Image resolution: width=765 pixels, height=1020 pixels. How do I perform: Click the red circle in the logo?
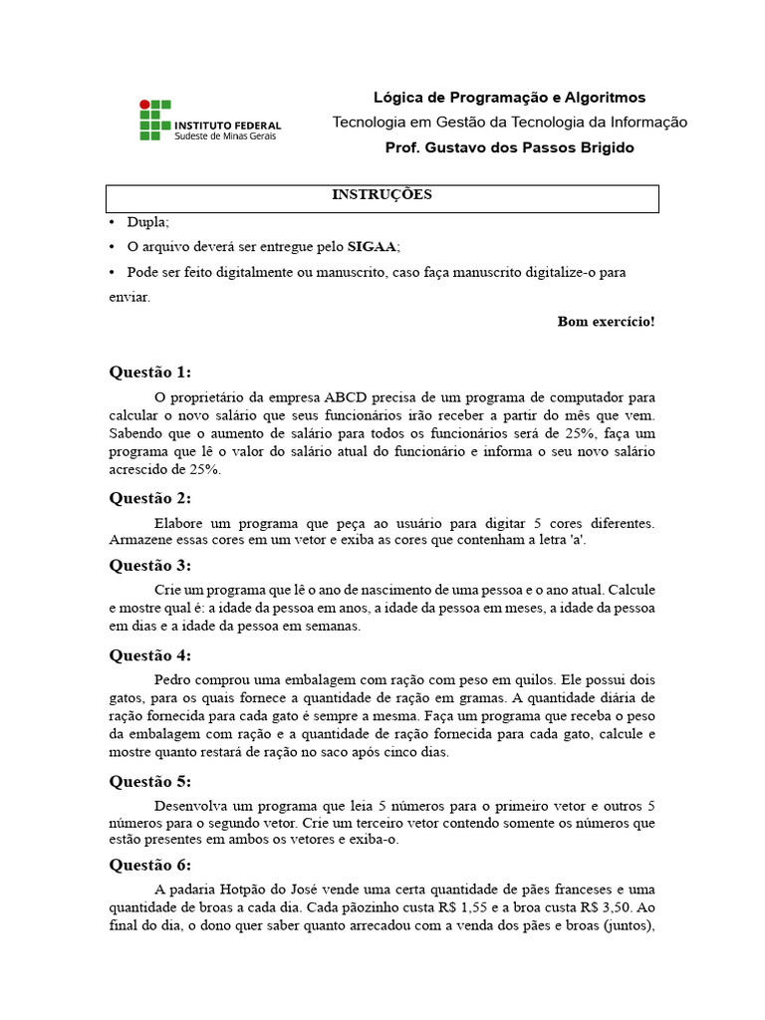click(144, 104)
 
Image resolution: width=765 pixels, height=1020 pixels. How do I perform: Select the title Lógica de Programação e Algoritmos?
click(509, 98)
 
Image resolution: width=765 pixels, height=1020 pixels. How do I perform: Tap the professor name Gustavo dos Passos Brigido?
click(509, 147)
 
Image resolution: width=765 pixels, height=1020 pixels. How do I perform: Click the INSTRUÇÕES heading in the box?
click(382, 195)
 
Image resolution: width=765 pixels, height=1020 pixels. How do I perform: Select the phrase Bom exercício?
click(606, 322)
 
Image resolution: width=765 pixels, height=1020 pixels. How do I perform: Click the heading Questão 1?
click(149, 373)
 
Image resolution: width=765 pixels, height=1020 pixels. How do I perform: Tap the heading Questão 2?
click(149, 498)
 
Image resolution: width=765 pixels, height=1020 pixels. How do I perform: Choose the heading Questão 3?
click(149, 565)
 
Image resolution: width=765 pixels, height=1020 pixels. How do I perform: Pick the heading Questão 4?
click(149, 655)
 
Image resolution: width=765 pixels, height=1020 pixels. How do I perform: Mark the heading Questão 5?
click(149, 781)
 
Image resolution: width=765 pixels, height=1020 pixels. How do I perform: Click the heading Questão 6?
click(149, 865)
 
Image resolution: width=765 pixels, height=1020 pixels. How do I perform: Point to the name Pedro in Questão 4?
click(174, 680)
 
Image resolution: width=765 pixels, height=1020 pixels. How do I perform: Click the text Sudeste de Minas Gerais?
click(225, 135)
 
